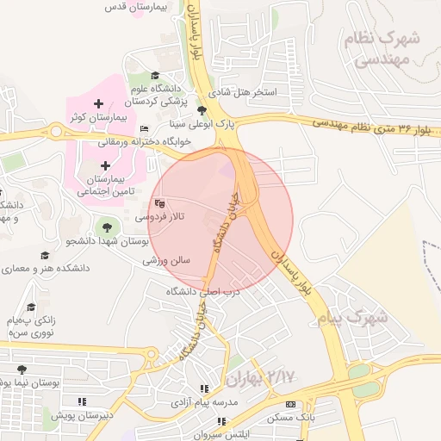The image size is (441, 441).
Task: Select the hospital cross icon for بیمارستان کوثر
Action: point(99,104)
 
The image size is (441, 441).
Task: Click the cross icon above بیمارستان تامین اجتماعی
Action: point(105,165)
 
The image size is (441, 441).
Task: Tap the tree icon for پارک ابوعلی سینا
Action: point(202,110)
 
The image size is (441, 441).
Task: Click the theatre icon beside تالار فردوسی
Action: point(158,204)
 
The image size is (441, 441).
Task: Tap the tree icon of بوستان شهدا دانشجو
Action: point(107,227)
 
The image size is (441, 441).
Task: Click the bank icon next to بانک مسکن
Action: point(289,403)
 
